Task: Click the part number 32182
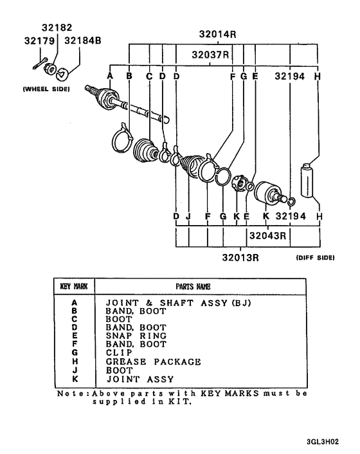[57, 28]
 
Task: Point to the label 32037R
[211, 55]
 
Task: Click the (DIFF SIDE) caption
[314, 258]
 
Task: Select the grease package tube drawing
[307, 181]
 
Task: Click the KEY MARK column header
[74, 286]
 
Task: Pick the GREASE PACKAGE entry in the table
[153, 362]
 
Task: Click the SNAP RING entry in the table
[136, 336]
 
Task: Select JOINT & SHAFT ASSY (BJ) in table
[177, 302]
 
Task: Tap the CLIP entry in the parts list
[119, 353]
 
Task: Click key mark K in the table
[74, 379]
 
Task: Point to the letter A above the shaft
[110, 76]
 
